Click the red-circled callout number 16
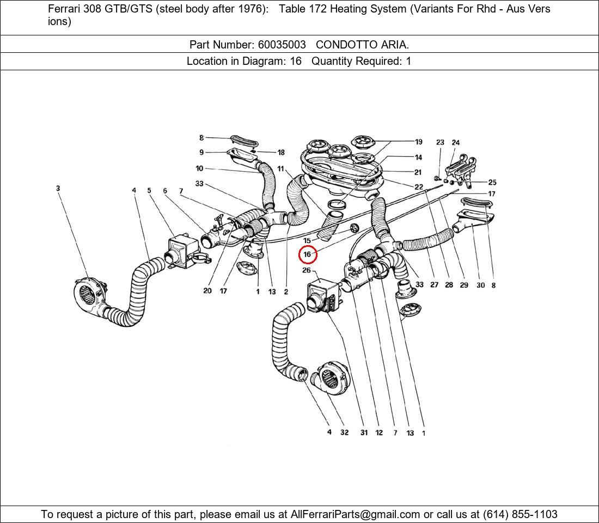click(x=307, y=254)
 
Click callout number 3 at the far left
click(x=58, y=188)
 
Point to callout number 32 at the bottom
click(x=344, y=433)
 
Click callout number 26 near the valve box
click(x=307, y=271)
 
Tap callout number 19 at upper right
click(x=418, y=142)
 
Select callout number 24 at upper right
click(x=456, y=143)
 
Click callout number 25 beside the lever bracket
click(x=492, y=183)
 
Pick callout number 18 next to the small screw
click(x=281, y=153)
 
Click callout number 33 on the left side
click(x=199, y=184)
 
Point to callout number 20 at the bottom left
click(x=207, y=291)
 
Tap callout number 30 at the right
click(x=480, y=285)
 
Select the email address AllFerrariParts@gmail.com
click(x=356, y=514)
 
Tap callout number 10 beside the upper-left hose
click(x=199, y=168)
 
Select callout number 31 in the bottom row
click(x=364, y=433)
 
